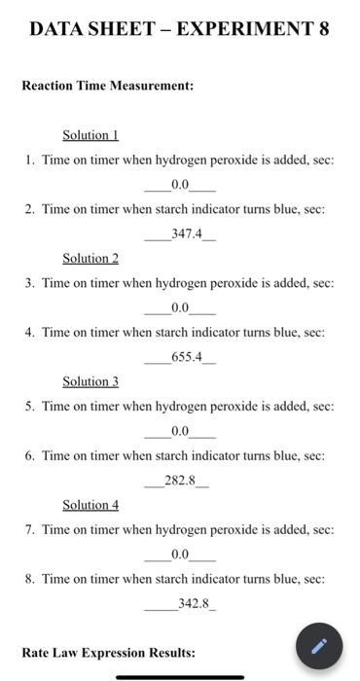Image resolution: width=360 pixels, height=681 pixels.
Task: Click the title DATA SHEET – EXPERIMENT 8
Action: (x=179, y=28)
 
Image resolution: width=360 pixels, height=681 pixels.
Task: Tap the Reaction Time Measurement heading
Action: (x=108, y=86)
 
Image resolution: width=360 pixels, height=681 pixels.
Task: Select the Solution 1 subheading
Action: (x=90, y=135)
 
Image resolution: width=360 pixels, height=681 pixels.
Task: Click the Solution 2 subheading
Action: (x=90, y=258)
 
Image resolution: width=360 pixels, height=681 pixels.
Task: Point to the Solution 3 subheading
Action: (x=90, y=381)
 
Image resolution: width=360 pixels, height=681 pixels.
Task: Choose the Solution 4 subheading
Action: (x=90, y=505)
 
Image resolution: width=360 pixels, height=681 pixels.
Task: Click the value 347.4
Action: (x=184, y=234)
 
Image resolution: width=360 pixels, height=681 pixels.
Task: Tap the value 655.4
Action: (x=186, y=357)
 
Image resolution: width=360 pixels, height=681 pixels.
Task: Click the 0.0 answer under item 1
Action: (x=180, y=185)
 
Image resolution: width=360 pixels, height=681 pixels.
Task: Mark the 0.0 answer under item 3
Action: (x=180, y=308)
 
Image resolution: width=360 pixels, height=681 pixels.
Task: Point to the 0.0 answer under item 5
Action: (x=180, y=431)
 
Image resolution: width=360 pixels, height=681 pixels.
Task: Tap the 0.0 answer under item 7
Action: (x=180, y=555)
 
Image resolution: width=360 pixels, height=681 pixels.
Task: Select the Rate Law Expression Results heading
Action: (x=108, y=653)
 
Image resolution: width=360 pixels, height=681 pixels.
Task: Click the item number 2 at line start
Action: (x=30, y=209)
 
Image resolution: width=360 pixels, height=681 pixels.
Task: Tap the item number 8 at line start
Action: (x=30, y=579)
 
